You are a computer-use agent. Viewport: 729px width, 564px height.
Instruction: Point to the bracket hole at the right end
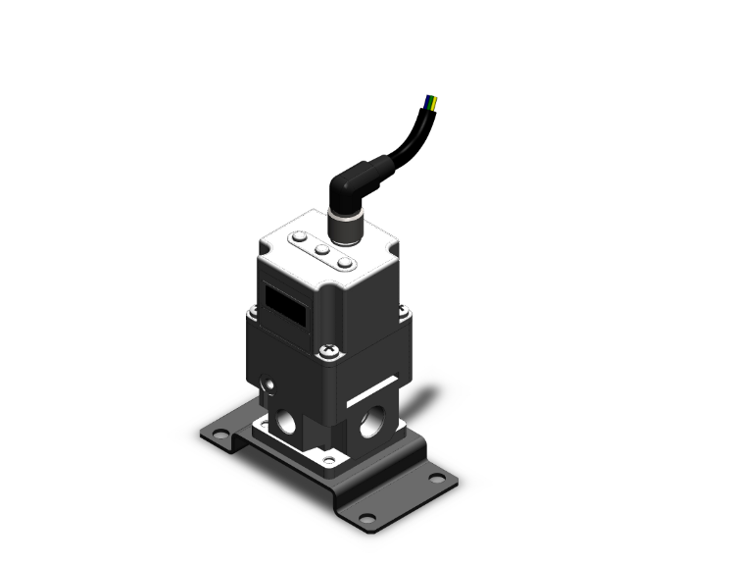(437, 480)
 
